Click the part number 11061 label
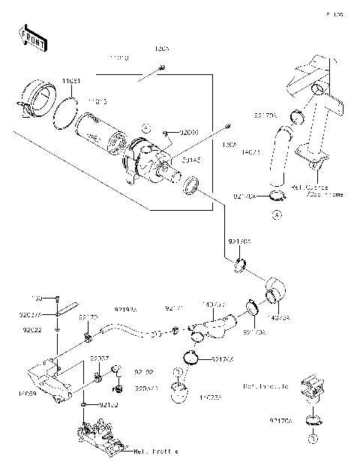70,80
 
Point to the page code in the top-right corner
334,14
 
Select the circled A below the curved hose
275,214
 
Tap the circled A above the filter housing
147,127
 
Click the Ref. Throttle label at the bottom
155,451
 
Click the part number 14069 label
22,392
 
